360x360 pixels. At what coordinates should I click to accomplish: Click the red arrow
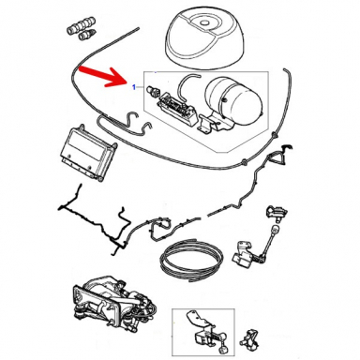tap(103, 77)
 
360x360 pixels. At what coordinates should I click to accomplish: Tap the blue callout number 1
tap(134, 87)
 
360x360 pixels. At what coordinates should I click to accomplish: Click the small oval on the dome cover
tap(204, 23)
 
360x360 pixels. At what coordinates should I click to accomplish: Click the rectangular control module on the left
tap(88, 153)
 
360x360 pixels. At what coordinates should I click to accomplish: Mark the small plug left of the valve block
tap(153, 90)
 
